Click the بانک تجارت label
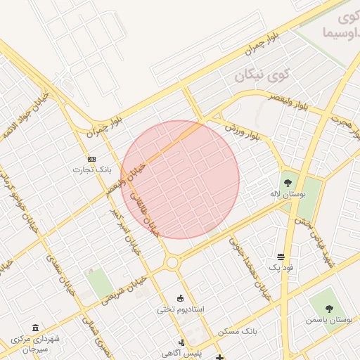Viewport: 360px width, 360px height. click(x=93, y=169)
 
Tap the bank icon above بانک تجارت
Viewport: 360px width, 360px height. click(x=92, y=159)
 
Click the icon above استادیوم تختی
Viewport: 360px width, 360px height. click(x=181, y=297)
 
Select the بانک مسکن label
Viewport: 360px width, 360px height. click(x=238, y=330)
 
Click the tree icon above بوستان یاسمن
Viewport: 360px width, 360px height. click(x=329, y=307)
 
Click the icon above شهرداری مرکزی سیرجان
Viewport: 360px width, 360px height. click(x=36, y=327)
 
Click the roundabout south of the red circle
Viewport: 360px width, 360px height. click(x=171, y=263)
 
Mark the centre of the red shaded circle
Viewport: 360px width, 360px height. click(x=180, y=179)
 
